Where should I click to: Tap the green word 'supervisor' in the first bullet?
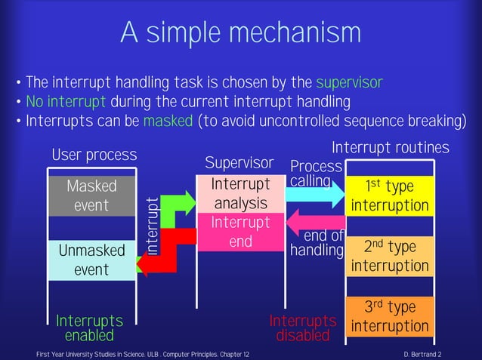tap(349, 82)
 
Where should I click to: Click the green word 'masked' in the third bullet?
tap(168, 122)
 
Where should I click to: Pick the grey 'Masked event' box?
tap(91, 195)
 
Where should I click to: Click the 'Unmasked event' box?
tap(91, 260)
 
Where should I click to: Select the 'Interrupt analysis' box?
tap(240, 194)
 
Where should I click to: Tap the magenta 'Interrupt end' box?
tap(240, 232)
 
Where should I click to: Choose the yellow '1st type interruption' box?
tap(389, 195)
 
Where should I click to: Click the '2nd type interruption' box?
tap(389, 256)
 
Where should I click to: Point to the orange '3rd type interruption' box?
tap(389, 317)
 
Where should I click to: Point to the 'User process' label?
tap(94, 155)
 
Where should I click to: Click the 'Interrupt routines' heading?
tap(391, 147)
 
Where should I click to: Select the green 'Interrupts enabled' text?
tap(89, 328)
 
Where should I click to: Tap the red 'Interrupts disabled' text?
tap(302, 328)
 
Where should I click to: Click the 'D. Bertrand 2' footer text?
tap(423, 354)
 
